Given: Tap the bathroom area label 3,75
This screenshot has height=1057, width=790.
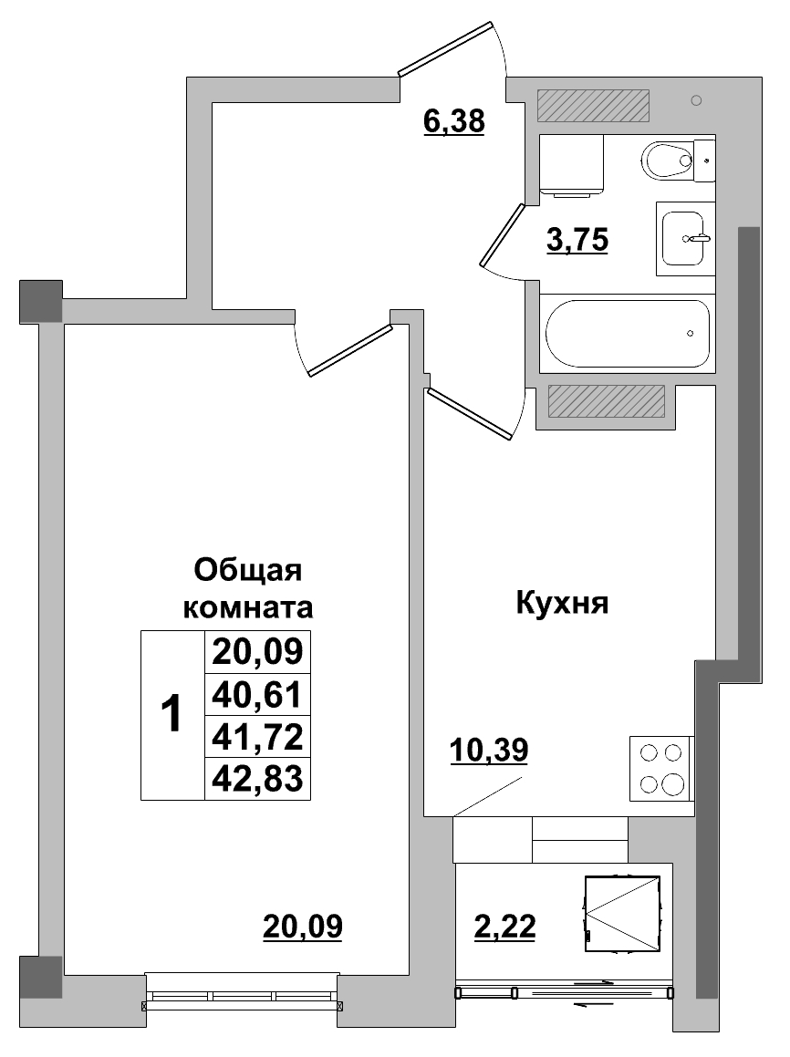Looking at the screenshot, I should pyautogui.click(x=577, y=241).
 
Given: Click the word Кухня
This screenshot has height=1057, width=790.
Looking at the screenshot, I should pyautogui.click(x=562, y=603).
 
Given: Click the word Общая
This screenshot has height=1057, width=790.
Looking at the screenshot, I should pyautogui.click(x=248, y=572).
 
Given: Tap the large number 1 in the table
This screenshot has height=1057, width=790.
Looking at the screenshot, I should pyautogui.click(x=172, y=715).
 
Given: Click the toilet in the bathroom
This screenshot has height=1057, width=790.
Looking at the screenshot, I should pyautogui.click(x=675, y=161).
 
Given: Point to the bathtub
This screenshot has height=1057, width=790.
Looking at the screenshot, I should pyautogui.click(x=627, y=333).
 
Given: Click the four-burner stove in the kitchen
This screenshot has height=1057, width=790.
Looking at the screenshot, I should pyautogui.click(x=660, y=768).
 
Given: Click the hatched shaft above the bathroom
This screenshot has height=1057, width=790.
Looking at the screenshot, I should pyautogui.click(x=593, y=106).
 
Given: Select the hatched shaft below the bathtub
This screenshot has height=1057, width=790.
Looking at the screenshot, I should pyautogui.click(x=606, y=401).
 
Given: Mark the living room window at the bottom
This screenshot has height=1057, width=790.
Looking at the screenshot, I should pyautogui.click(x=243, y=997).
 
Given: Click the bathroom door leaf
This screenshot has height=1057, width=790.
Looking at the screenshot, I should pyautogui.click(x=501, y=233).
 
